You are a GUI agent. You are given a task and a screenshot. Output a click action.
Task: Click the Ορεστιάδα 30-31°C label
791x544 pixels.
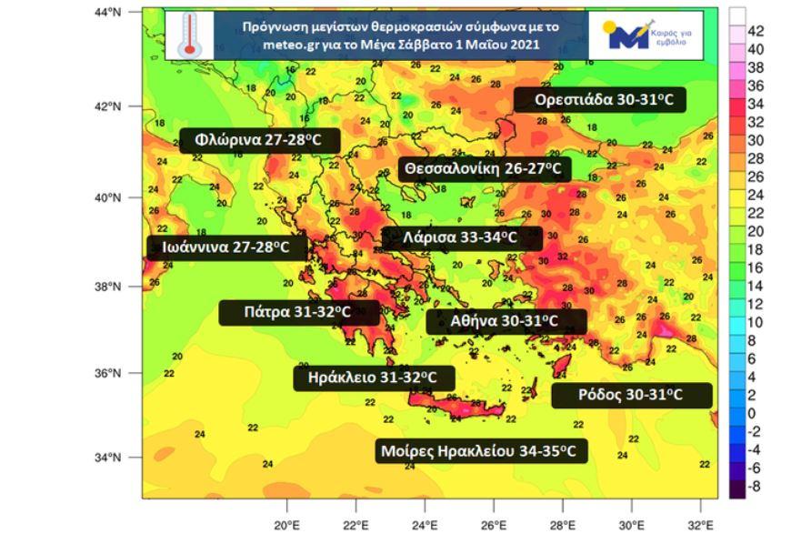(599, 100)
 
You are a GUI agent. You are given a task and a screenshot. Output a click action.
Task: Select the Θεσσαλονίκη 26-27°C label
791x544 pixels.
(485, 169)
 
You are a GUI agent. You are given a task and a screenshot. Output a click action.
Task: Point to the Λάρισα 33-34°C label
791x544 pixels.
(461, 238)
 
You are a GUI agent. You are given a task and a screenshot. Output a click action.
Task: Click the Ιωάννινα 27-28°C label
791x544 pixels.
(226, 247)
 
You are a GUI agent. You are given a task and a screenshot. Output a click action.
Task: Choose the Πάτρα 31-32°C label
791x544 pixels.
(297, 312)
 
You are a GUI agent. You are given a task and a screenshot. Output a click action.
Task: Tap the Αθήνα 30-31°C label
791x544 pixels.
(505, 321)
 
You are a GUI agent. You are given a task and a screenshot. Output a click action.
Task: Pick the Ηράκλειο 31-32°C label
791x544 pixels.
(373, 377)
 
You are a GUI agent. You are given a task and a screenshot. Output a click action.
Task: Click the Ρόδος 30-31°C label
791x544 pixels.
(630, 395)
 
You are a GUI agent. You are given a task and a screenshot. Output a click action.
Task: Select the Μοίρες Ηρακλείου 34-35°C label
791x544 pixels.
(482, 450)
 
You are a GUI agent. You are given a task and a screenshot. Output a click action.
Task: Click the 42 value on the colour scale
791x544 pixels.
(756, 31)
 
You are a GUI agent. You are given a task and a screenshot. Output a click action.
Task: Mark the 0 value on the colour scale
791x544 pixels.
(752, 414)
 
